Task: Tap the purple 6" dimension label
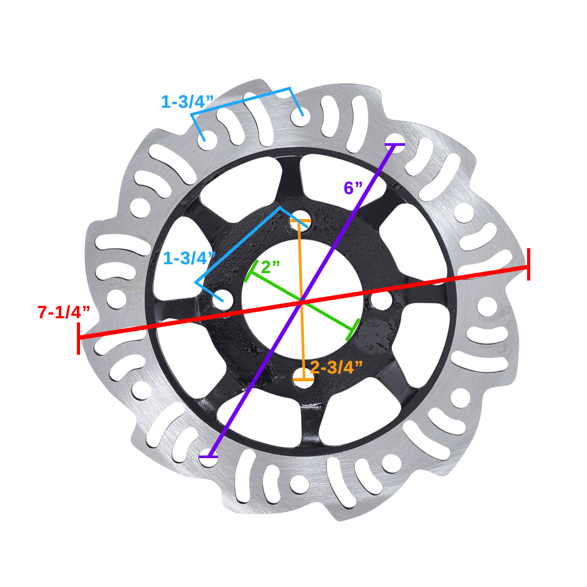[x=353, y=188]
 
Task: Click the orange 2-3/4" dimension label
[x=336, y=367]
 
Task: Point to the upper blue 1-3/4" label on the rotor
[x=187, y=101]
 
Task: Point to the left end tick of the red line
[x=78, y=338]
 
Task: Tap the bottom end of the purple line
[x=208, y=456]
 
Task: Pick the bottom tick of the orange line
[x=302, y=380]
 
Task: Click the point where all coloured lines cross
[x=301, y=302]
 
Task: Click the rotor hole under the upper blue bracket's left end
[x=206, y=139]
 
